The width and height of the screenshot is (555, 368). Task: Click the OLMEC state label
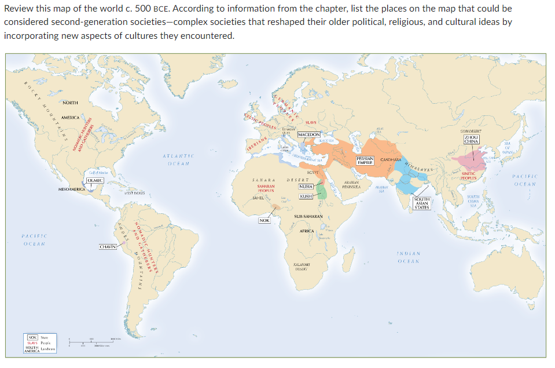95,181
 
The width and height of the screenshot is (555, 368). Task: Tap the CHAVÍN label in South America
108,247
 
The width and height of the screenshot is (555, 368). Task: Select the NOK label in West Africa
264,220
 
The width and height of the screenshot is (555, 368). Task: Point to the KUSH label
306,196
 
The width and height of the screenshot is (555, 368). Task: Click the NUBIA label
306,187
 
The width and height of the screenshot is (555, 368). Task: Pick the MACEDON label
309,134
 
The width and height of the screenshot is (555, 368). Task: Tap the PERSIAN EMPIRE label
365,161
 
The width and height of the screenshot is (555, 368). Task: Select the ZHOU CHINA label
471,139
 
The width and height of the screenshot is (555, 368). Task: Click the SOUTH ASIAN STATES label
422,203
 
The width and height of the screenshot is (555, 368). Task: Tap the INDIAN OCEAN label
413,258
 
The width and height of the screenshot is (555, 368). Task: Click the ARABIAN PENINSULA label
352,184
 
